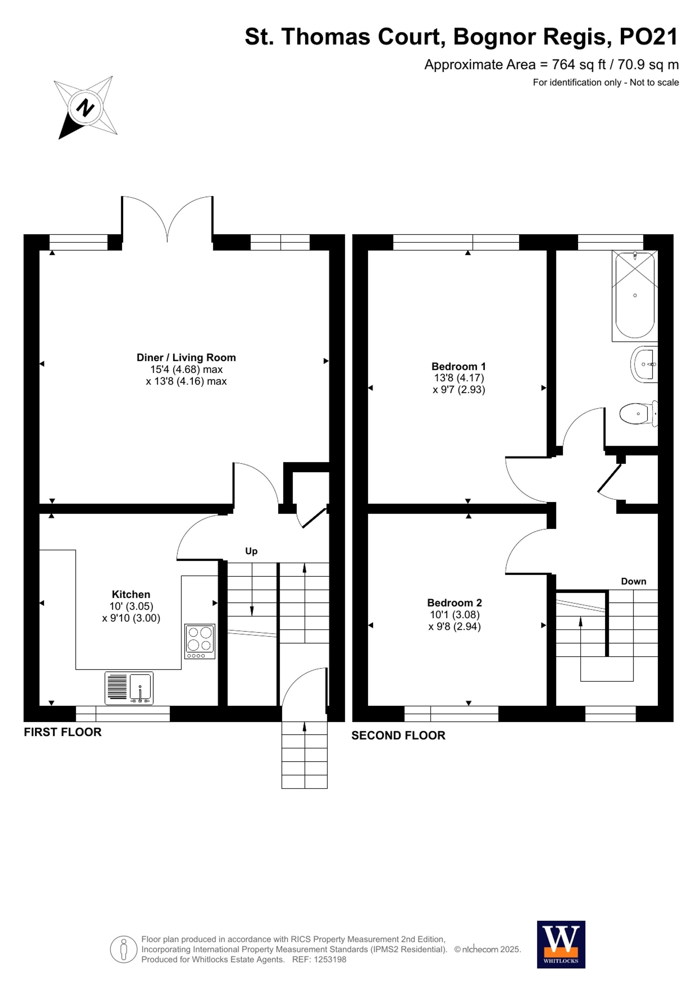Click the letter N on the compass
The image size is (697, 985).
85,108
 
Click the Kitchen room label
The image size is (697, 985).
131,594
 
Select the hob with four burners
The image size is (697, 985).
200,641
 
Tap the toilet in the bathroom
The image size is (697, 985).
637,414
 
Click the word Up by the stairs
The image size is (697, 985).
251,551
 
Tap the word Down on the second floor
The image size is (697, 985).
633,581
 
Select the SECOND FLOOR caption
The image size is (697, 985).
398,735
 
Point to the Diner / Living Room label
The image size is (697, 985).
186,357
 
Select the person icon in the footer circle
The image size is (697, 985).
124,949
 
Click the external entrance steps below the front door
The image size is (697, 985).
304,755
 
